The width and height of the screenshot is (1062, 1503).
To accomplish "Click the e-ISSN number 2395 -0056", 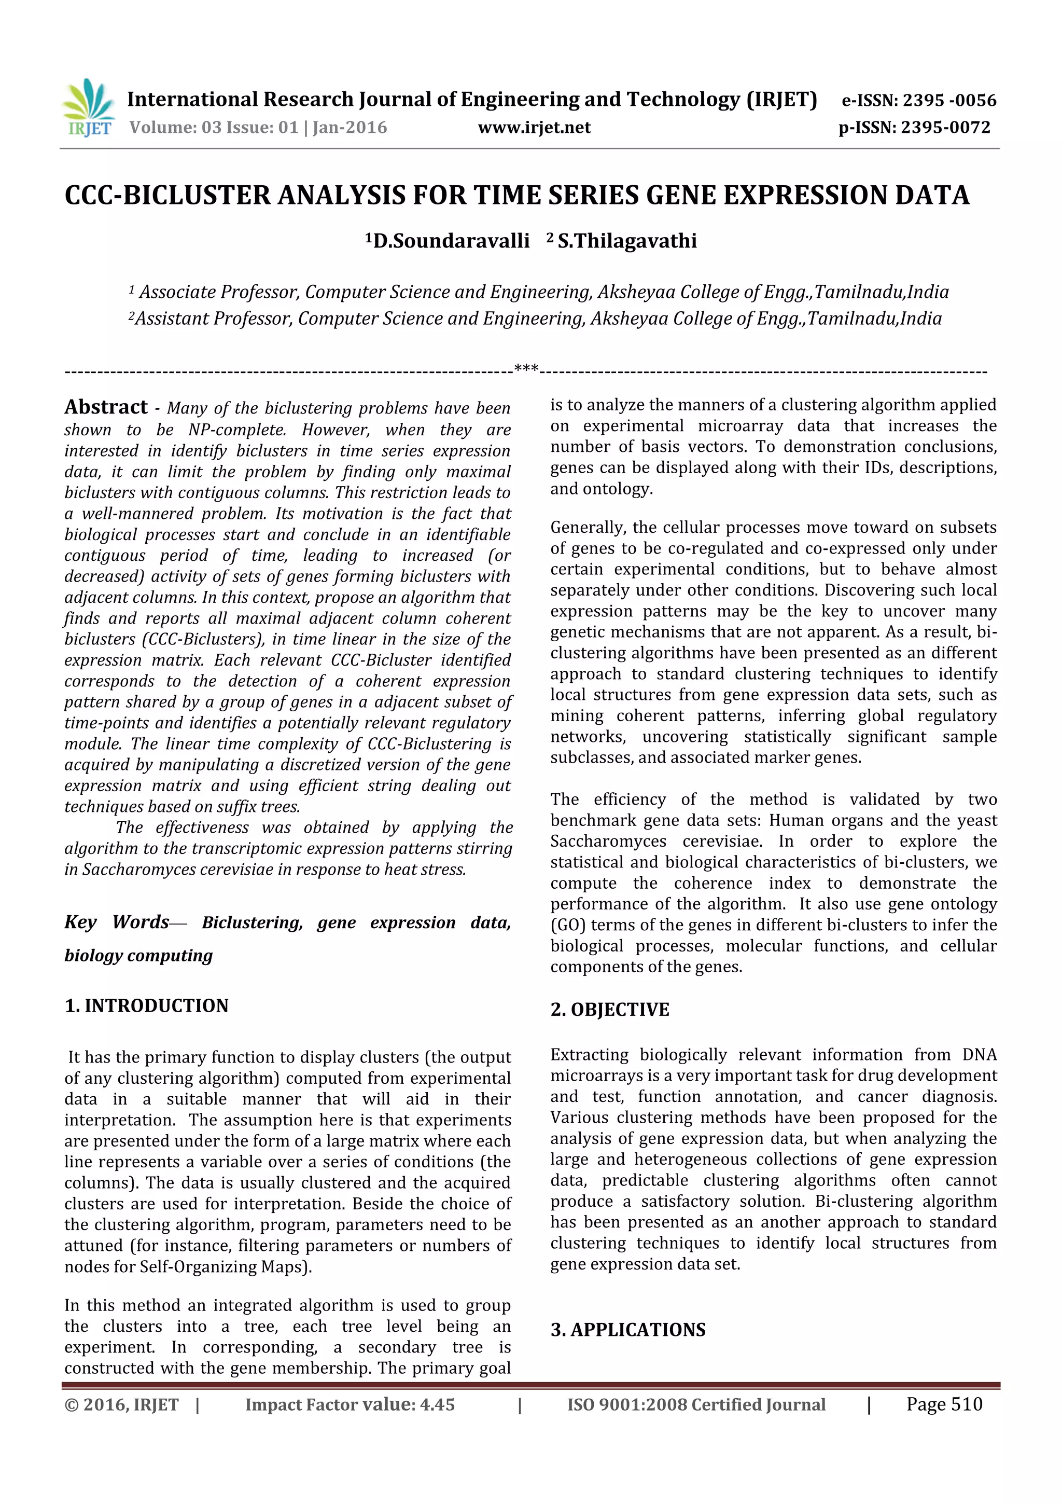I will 949,101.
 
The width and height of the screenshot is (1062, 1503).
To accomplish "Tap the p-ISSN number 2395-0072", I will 945,128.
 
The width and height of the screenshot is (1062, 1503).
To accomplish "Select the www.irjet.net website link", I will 534,128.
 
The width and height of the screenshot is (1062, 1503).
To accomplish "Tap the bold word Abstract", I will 106,407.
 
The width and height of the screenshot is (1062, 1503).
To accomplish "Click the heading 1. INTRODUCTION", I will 147,1005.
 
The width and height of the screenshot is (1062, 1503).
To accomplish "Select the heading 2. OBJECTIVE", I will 609,1010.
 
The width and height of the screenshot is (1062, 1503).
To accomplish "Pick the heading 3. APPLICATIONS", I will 627,1330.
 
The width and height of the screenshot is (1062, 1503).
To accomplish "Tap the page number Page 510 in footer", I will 944,1404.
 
